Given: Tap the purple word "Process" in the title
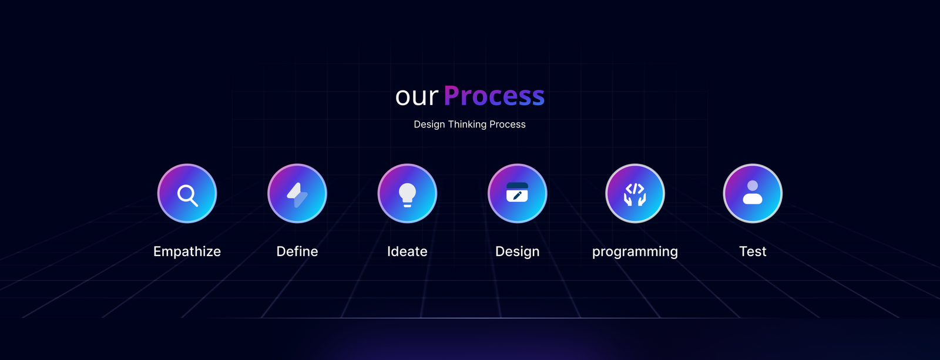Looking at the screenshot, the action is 494,96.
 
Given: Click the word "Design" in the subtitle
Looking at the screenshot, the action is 429,124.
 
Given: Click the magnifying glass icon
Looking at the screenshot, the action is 187,195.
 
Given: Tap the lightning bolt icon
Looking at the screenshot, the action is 297,195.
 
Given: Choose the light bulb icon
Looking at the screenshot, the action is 407,195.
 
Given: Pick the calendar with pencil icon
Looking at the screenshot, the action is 517,192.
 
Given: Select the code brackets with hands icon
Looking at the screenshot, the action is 635,194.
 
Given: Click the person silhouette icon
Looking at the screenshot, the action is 753,193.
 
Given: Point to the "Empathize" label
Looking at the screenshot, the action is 187,251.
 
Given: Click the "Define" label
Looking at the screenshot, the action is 297,251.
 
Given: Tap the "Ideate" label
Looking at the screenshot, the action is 407,251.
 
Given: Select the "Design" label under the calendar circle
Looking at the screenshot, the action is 517,252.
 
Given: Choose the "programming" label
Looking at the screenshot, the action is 635,252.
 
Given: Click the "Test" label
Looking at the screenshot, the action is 753,251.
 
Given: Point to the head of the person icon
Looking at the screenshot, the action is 753,186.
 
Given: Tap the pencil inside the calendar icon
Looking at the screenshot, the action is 518,196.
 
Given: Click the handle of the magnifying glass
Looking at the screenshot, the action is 193,202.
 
